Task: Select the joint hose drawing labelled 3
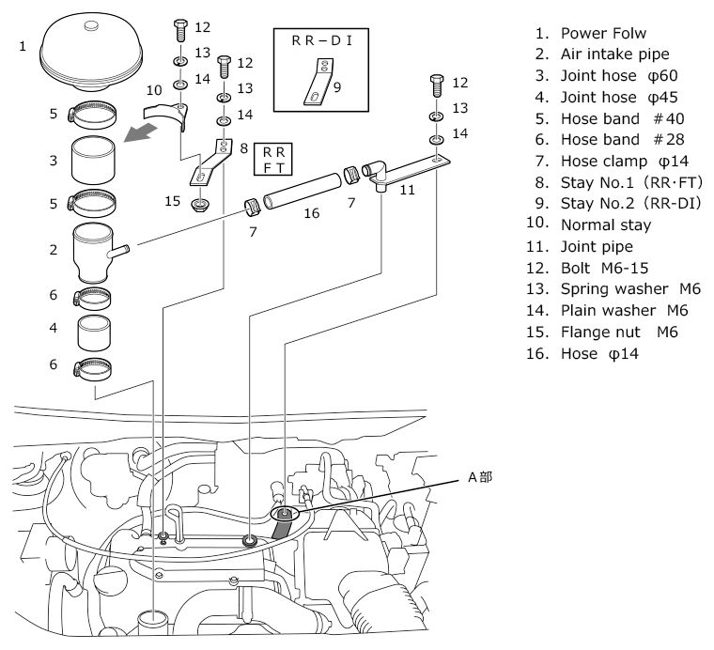(x=93, y=160)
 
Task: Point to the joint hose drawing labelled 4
(x=93, y=333)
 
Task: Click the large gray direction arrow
(x=140, y=133)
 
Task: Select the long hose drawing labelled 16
(x=302, y=192)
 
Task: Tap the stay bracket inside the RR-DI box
(x=318, y=82)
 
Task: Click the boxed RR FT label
(x=273, y=160)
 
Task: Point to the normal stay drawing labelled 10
(x=165, y=116)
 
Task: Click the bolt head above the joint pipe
(x=437, y=80)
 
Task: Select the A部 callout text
(x=480, y=477)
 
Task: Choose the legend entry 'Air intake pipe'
(x=614, y=54)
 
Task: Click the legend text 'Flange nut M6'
(x=619, y=333)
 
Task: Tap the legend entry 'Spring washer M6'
(x=630, y=289)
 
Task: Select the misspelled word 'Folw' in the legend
(x=628, y=33)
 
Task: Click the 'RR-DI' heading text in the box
(x=322, y=41)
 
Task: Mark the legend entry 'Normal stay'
(x=606, y=224)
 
